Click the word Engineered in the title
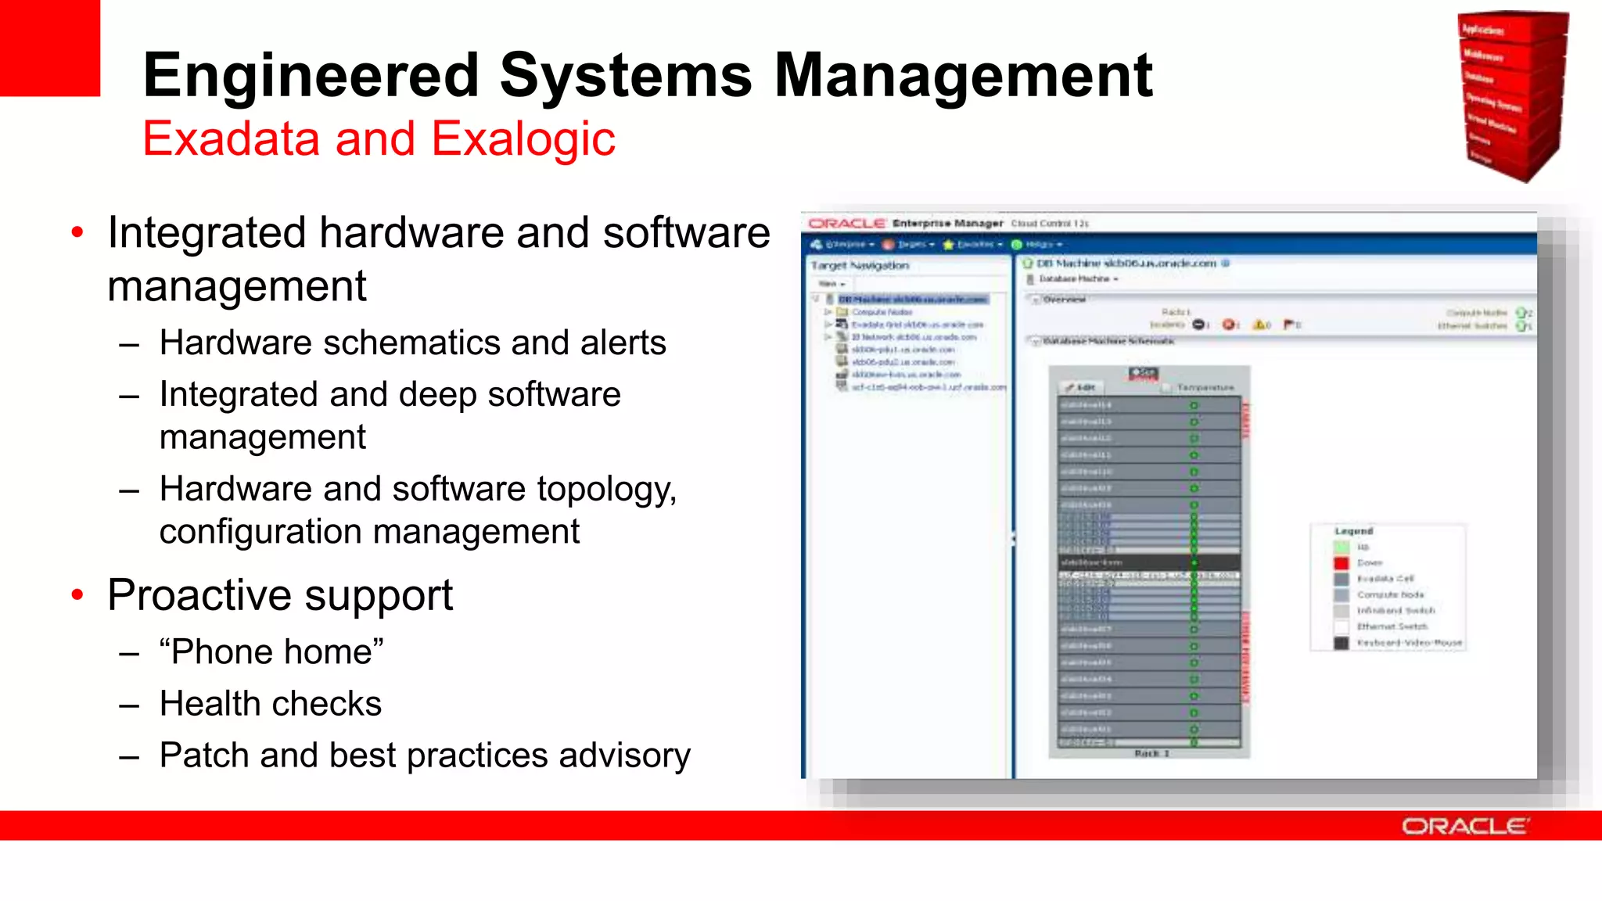(x=311, y=76)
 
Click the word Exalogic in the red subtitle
(x=523, y=139)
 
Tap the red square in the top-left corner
(x=49, y=47)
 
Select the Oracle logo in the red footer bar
(x=1464, y=827)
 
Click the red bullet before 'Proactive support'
(x=77, y=595)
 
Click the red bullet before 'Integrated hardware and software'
(x=77, y=232)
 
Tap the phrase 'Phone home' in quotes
(x=271, y=652)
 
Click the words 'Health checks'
(x=271, y=703)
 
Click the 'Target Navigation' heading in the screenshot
(x=860, y=266)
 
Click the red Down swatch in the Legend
(x=1342, y=563)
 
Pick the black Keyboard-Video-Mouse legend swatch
(x=1342, y=643)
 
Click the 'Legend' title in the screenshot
(x=1353, y=531)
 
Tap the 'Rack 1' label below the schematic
(x=1151, y=753)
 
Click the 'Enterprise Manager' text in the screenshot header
(x=947, y=224)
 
